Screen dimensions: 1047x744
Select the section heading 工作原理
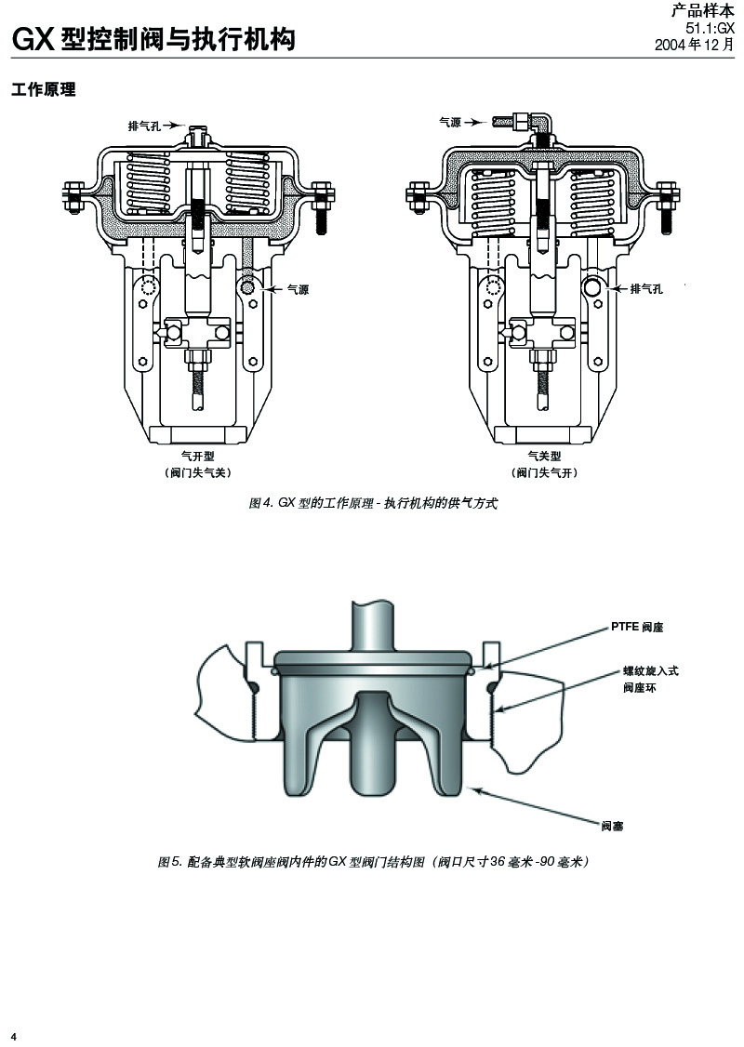[43, 90]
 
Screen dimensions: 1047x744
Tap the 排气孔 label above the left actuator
[144, 126]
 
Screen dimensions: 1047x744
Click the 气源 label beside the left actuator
[298, 290]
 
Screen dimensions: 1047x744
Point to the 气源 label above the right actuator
[450, 122]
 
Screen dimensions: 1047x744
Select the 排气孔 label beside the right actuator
[646, 289]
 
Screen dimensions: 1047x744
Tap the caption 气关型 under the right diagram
[544, 457]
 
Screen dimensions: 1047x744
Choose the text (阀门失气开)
[544, 473]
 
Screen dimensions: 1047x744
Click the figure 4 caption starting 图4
[375, 503]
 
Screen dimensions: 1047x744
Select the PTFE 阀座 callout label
[637, 628]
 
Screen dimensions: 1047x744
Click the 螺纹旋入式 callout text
[651, 670]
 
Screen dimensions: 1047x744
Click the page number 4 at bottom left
[14, 1036]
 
